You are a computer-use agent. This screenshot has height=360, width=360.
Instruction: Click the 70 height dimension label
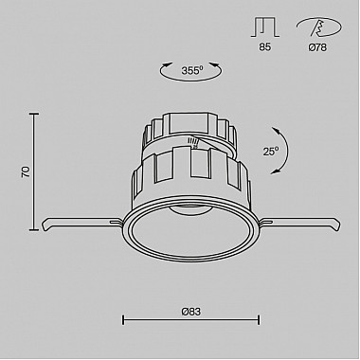(26, 171)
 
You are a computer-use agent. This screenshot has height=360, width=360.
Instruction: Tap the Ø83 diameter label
(191, 312)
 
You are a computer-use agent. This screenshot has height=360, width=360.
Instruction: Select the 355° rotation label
(192, 70)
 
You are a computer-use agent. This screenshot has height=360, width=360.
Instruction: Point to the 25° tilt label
(271, 151)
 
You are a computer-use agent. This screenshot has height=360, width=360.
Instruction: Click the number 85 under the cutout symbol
(265, 47)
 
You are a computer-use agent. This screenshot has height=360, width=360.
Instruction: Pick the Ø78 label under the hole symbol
(317, 47)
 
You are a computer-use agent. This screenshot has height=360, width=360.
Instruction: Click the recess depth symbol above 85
(265, 27)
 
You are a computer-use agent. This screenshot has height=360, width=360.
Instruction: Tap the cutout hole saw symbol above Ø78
(319, 27)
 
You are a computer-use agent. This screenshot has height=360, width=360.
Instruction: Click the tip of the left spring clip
(45, 226)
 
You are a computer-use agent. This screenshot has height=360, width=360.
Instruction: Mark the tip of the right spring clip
(338, 226)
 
